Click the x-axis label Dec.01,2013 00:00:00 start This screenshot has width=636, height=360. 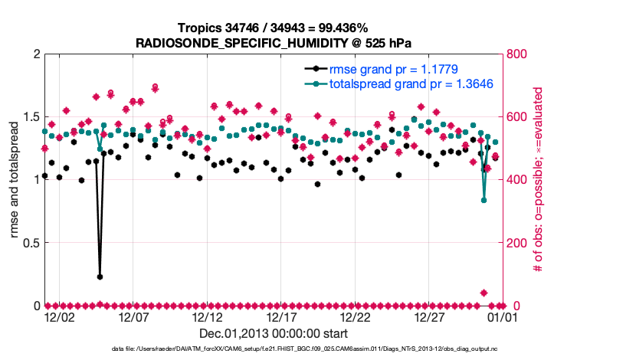coord(274,333)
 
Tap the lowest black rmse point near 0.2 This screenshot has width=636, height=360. coord(100,277)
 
